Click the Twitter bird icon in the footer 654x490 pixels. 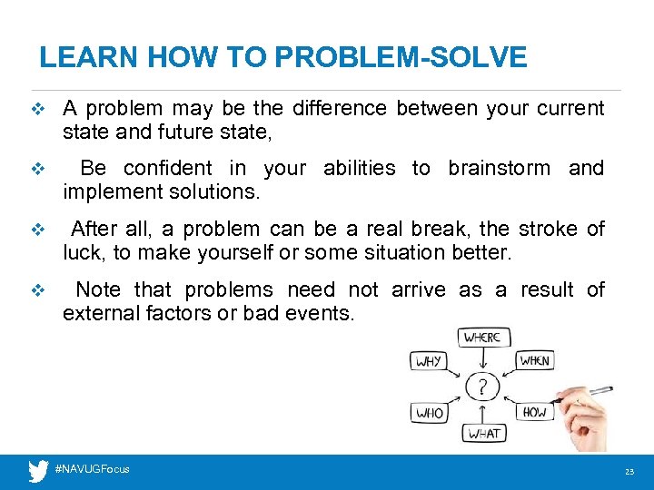tap(37, 470)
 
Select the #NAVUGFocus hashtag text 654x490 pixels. tap(92, 469)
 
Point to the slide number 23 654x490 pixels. tap(629, 472)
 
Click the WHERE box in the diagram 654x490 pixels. tap(481, 338)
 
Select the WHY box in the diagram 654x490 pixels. tap(429, 361)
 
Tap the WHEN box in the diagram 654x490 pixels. tap(534, 361)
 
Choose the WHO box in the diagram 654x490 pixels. tap(429, 413)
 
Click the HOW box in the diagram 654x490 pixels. tap(534, 412)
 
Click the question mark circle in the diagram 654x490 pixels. tap(481, 387)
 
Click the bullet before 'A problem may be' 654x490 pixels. tap(37, 109)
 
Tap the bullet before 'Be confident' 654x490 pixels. tap(37, 169)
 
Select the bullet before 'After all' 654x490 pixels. tap(37, 230)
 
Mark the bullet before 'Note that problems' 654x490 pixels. tap(37, 290)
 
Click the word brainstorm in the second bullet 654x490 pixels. tap(499, 169)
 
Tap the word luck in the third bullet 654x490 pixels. tap(83, 253)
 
